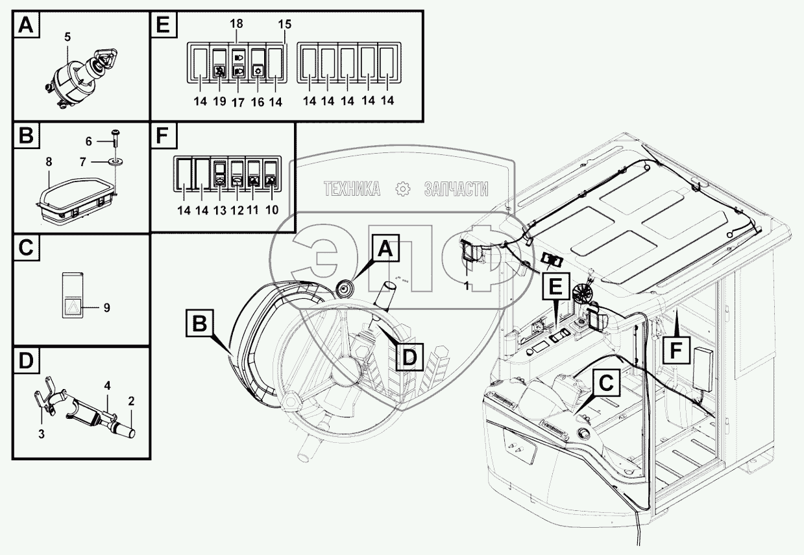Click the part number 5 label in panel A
click(67, 37)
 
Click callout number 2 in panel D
click(131, 401)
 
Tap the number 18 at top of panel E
click(237, 23)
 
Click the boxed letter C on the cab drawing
click(605, 383)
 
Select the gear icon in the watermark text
click(402, 188)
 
